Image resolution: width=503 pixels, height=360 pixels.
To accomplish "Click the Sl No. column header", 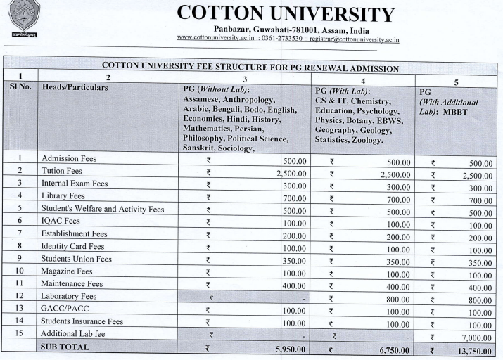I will [18, 89].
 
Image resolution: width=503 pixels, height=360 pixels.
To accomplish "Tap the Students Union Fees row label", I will [76, 259].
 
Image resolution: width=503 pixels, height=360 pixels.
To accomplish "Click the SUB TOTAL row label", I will [65, 347].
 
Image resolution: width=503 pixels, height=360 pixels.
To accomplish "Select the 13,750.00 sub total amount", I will [472, 348].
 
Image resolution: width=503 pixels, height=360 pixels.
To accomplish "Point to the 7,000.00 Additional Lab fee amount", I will [473, 335].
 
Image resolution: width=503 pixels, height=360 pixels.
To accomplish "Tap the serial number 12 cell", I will [18, 296].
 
